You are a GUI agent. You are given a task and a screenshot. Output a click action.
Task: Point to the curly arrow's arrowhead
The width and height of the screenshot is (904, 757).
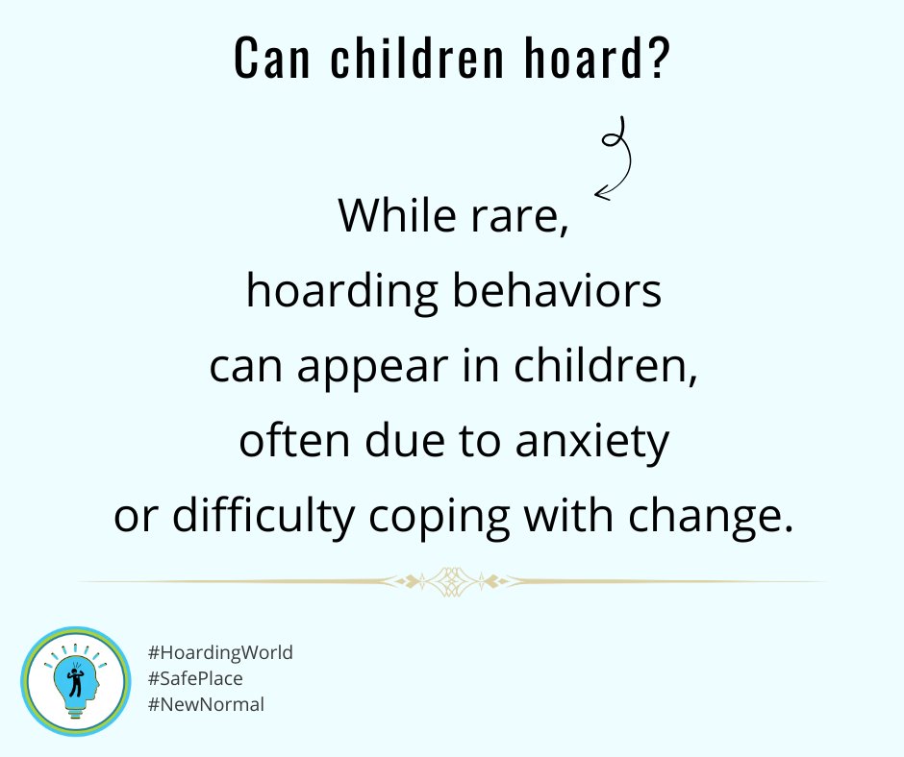600,195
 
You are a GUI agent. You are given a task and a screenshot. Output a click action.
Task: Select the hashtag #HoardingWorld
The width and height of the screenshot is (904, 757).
220,653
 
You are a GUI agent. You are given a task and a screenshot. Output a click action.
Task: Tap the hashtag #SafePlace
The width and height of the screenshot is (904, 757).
196,679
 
